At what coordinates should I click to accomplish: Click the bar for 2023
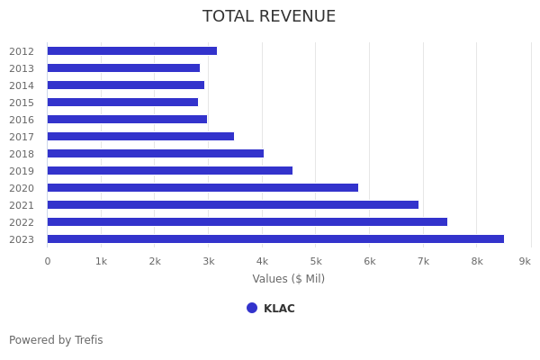click(275, 239)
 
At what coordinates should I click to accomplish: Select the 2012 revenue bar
click(132, 51)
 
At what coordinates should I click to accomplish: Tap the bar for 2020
click(202, 188)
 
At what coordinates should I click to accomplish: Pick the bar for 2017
click(140, 137)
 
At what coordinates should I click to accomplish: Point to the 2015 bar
click(122, 103)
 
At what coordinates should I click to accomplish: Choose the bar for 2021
click(233, 205)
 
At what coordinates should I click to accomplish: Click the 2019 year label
click(22, 171)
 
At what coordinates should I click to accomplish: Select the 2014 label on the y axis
click(22, 85)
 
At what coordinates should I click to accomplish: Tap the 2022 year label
click(22, 222)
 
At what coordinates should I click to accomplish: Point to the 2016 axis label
click(22, 120)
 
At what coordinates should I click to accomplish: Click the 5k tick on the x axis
click(316, 261)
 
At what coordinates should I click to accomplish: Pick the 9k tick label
click(525, 261)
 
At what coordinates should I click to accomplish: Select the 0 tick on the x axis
click(48, 261)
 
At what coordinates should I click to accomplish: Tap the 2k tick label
click(155, 261)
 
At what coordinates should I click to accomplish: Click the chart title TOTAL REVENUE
click(269, 17)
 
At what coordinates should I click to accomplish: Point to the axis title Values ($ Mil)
click(289, 279)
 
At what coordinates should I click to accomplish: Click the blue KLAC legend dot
click(252, 308)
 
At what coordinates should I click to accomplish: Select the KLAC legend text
click(279, 309)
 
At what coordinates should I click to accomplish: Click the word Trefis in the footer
click(88, 340)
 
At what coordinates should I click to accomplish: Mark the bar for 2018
click(156, 154)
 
